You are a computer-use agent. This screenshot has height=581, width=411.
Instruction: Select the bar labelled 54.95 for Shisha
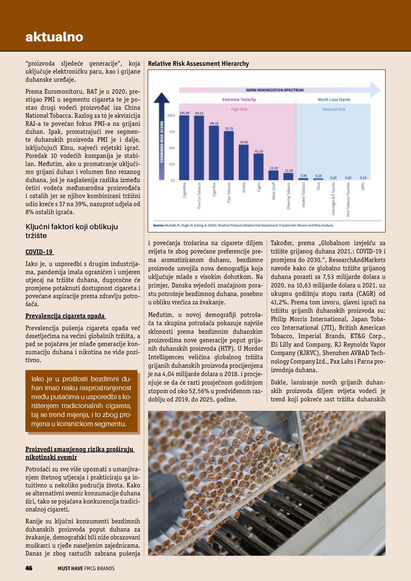[244, 162]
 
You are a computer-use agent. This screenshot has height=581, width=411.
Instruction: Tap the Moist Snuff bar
[273, 175]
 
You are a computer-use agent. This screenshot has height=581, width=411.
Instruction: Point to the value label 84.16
[214, 123]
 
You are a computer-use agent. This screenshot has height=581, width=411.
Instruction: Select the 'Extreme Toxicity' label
[239, 99]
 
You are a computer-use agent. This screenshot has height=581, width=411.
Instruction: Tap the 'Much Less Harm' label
[334, 99]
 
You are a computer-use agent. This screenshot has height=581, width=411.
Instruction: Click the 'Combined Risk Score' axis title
[162, 142]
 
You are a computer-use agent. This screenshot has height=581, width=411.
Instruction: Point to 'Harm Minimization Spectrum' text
[275, 90]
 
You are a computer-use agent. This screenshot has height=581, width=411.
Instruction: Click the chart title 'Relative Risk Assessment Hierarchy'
[198, 64]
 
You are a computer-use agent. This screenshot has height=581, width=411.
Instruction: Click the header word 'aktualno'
[54, 37]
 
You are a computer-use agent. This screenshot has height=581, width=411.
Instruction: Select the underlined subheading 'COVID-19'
[39, 252]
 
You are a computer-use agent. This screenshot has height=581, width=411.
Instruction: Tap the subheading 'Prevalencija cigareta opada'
[65, 316]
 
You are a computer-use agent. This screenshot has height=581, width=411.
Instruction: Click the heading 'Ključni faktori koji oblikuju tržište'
[72, 231]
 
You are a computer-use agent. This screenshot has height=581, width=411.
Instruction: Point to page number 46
[29, 568]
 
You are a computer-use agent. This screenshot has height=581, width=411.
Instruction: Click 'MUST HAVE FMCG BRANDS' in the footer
[86, 568]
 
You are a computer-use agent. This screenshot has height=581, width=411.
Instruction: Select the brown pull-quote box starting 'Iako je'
[81, 401]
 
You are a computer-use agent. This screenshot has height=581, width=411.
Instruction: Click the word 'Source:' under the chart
[159, 225]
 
